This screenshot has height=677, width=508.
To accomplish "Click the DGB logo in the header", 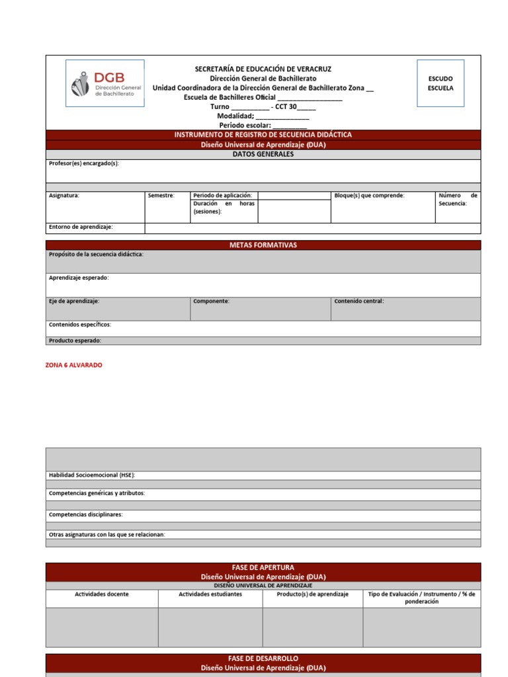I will (105, 83).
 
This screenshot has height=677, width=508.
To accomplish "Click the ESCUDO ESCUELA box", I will (440, 83).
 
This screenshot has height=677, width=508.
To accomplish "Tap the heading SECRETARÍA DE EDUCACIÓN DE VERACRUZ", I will (263, 69).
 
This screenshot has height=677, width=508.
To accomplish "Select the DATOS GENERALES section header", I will (263, 154).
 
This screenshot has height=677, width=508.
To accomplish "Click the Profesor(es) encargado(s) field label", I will (84, 163).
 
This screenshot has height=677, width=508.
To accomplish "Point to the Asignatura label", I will (64, 196).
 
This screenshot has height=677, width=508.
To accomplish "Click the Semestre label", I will (161, 196).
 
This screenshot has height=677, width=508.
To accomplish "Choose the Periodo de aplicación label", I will (222, 196).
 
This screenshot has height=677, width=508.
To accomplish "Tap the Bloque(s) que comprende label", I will (369, 196).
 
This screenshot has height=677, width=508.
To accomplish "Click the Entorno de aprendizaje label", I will (81, 227).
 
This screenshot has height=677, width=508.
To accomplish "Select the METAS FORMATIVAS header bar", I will (263, 245).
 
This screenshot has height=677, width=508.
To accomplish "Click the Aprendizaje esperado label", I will (79, 278).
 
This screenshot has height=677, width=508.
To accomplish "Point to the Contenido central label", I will (359, 301).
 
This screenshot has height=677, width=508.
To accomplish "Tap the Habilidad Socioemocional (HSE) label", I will (92, 475).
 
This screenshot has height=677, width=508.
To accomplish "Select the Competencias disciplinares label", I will (85, 514).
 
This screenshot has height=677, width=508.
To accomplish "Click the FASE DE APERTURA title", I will (263, 567).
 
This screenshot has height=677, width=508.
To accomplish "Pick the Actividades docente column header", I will (101, 594).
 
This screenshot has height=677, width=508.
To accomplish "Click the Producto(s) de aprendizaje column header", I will (312, 594).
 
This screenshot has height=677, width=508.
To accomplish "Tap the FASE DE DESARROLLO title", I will (263, 658).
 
